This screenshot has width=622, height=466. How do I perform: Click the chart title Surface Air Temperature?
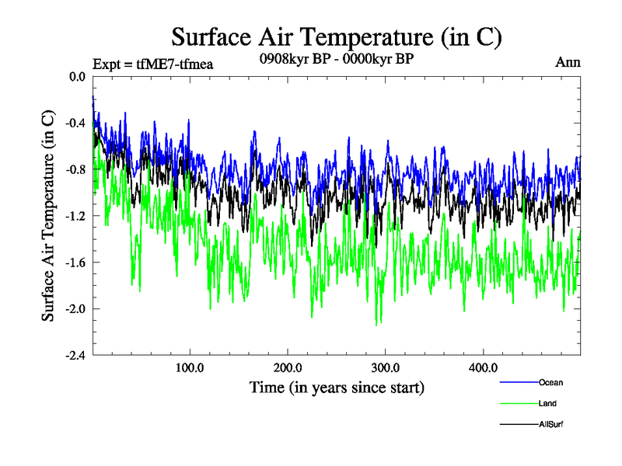[x=337, y=37]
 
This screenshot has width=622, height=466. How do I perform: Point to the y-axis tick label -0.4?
[x=75, y=123]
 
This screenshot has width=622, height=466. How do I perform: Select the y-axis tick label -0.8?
[x=75, y=169]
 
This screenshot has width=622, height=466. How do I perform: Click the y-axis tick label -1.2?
[x=75, y=216]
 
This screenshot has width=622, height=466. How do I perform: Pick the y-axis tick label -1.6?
[x=75, y=263]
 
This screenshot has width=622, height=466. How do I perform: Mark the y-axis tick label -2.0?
[x=75, y=309]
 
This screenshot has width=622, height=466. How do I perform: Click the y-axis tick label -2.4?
[x=75, y=356]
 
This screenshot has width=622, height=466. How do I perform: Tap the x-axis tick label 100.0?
[x=190, y=367]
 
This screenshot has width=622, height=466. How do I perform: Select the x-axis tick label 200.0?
[x=288, y=367]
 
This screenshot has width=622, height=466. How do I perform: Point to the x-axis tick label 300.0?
[x=386, y=367]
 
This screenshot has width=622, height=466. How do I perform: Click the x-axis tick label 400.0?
[x=484, y=367]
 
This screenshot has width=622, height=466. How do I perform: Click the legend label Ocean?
[x=550, y=382]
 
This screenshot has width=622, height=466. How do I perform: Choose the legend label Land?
[x=547, y=403]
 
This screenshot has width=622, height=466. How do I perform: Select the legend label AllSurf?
[x=550, y=424]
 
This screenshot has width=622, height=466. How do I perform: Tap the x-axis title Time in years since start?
[x=337, y=387]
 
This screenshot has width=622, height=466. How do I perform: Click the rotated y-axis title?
[x=48, y=216]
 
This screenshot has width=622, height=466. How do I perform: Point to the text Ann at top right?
[x=568, y=63]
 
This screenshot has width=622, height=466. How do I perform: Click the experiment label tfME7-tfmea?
[x=152, y=64]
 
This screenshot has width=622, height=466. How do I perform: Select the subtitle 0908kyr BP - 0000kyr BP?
[x=335, y=57]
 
